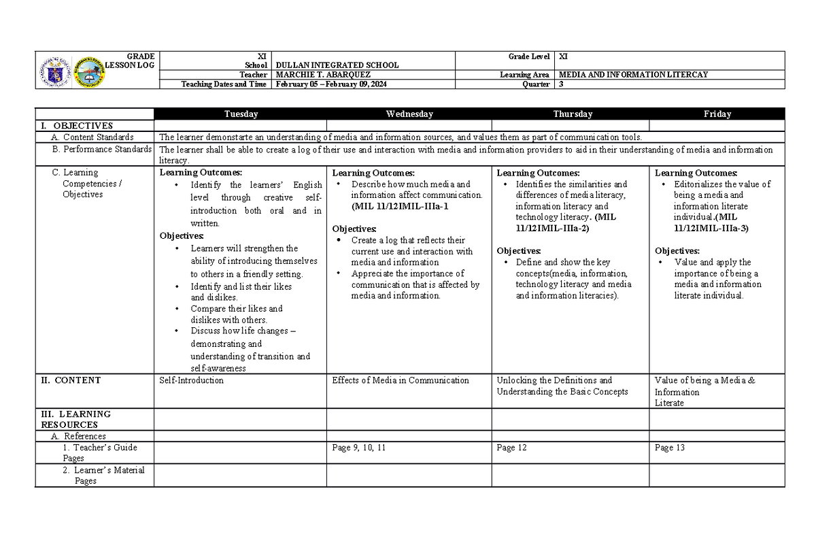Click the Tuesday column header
[x=241, y=114]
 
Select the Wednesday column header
[x=409, y=114]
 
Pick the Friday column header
[x=717, y=114]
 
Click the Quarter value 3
[x=560, y=84]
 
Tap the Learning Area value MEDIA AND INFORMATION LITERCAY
[x=632, y=75]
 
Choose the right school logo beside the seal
[x=90, y=71]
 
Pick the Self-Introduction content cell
[x=191, y=380]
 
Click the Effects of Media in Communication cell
[x=400, y=380]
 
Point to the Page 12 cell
[x=511, y=448]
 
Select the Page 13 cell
[x=669, y=448]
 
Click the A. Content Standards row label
[x=92, y=137]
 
